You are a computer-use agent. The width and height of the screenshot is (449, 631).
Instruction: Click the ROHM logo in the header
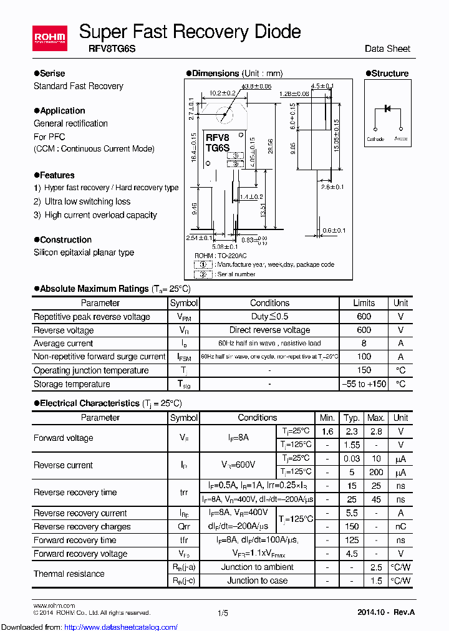[x=50, y=39]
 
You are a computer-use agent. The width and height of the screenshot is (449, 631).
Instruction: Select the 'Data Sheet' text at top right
[x=387, y=49]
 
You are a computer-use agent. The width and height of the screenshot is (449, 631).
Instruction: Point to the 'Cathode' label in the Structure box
[x=375, y=139]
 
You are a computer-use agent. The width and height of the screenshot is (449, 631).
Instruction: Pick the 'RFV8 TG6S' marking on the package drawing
[x=218, y=142]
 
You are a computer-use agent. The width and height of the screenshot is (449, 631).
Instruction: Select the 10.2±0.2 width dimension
[x=223, y=93]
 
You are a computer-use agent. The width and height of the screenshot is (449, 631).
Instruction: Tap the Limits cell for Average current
[x=364, y=344]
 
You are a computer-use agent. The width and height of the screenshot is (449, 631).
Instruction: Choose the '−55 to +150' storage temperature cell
[x=364, y=384]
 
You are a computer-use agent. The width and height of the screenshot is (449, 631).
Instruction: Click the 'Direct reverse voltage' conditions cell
[x=269, y=330]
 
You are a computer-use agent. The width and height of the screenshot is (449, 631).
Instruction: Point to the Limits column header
[x=364, y=303]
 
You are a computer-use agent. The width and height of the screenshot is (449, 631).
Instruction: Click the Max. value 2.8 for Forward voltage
[x=375, y=431]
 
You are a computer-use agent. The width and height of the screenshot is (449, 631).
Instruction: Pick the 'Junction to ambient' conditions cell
[x=257, y=567]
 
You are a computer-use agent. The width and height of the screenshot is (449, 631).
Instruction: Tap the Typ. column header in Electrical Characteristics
[x=352, y=418]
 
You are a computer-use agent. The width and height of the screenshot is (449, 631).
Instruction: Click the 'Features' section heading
[x=57, y=175]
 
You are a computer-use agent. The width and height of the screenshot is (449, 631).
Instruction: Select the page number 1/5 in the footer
[x=223, y=614]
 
